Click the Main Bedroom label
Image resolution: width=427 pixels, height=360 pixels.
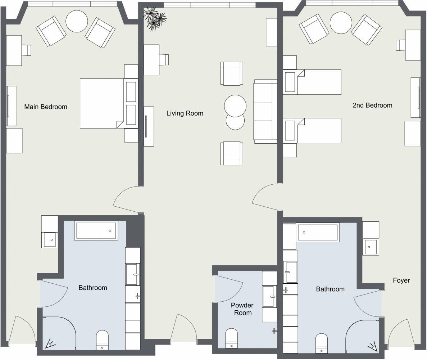pos(46,107)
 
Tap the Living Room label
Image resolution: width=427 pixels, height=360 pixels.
pos(185,113)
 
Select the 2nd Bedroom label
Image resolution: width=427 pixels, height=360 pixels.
pos(372,105)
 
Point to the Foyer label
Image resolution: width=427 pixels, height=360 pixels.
pos(401,280)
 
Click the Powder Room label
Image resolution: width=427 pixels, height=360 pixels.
pos(242,309)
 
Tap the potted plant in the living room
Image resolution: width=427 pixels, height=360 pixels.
pos(154,18)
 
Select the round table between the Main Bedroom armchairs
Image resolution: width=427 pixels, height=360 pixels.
pos(77,21)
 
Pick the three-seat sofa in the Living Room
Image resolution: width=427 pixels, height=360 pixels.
pos(265,112)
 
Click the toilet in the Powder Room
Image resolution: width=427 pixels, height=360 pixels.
pos(231,338)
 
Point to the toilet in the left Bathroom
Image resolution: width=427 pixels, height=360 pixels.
pos(103,340)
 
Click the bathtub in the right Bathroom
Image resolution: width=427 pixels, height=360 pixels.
pos(318,233)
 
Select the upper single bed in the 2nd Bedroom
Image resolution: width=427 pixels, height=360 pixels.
pos(312,82)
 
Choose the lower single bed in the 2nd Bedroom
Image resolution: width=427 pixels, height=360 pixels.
pos(312,131)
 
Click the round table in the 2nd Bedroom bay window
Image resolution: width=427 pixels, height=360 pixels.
pos(341,23)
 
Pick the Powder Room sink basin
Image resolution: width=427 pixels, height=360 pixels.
pos(270,297)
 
